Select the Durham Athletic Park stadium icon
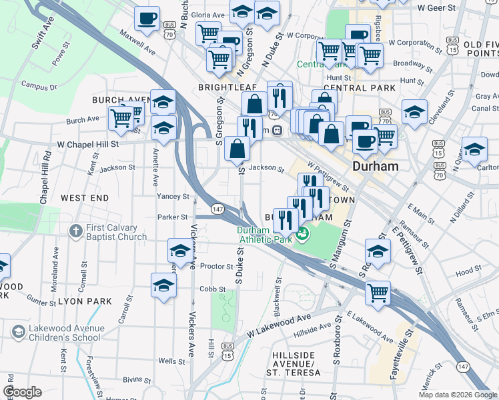tap(303, 233)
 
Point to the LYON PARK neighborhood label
tap(85, 301)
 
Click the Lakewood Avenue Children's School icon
tap(17, 331)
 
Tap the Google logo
tap(22, 392)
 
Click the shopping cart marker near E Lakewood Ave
tap(378, 292)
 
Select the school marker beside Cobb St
tap(163, 285)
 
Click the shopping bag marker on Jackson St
tap(237, 148)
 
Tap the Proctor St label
tap(216, 266)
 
